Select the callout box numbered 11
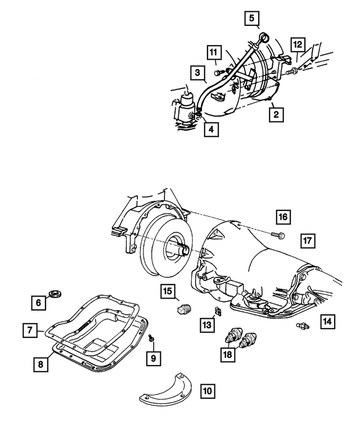coord(213,53)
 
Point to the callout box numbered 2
coord(276,115)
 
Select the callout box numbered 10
coord(208,389)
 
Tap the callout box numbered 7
coord(30,330)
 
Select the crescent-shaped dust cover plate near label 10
coord(169,390)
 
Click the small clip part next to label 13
coord(217,312)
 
